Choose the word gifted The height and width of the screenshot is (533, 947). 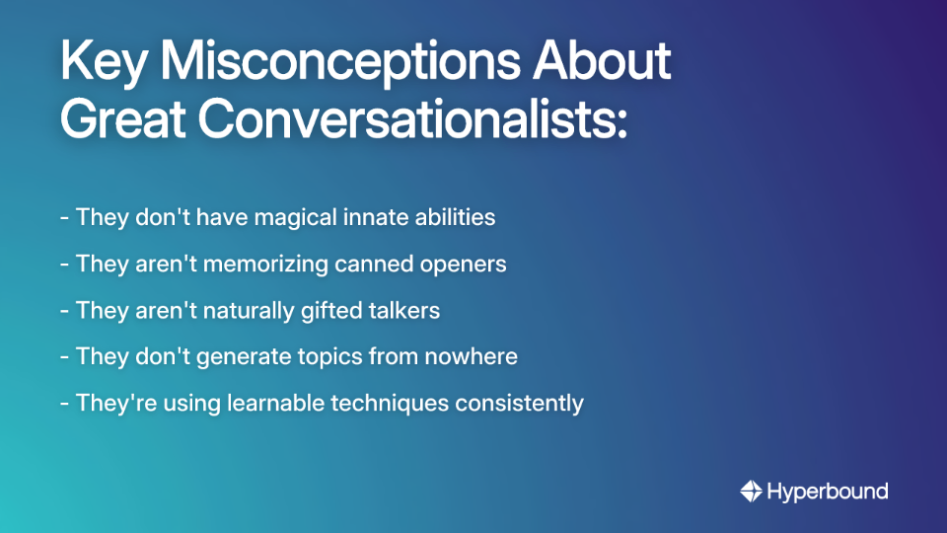pyautogui.click(x=327, y=310)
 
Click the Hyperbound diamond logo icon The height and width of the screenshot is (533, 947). pyautogui.click(x=751, y=491)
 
